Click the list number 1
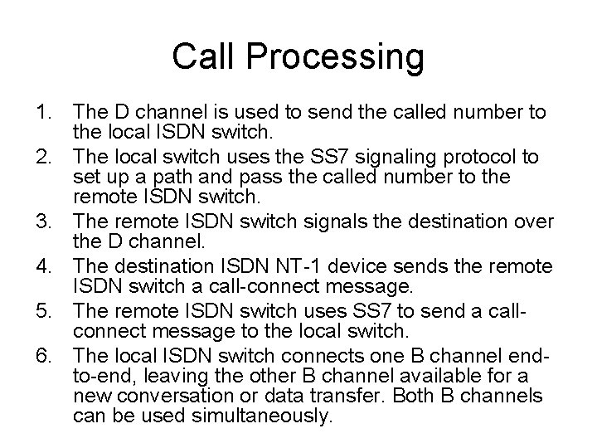(42, 112)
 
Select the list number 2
(42, 157)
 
